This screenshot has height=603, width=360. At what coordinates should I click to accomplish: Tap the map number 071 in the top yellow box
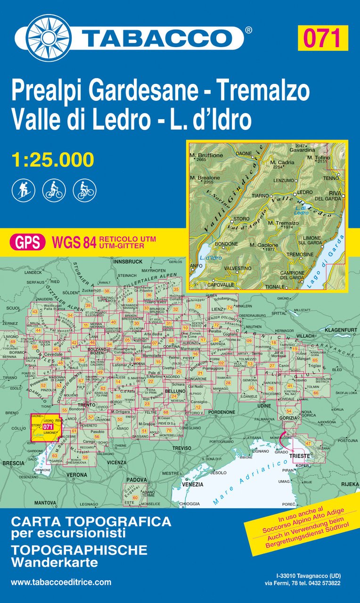pos(322,38)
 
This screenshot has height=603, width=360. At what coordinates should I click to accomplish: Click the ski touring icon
pos(23,191)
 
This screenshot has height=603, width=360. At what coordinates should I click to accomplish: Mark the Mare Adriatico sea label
pos(236,485)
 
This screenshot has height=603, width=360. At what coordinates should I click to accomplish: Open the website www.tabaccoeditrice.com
pos(61,582)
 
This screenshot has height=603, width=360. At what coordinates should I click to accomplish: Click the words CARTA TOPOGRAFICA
pos(91,522)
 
